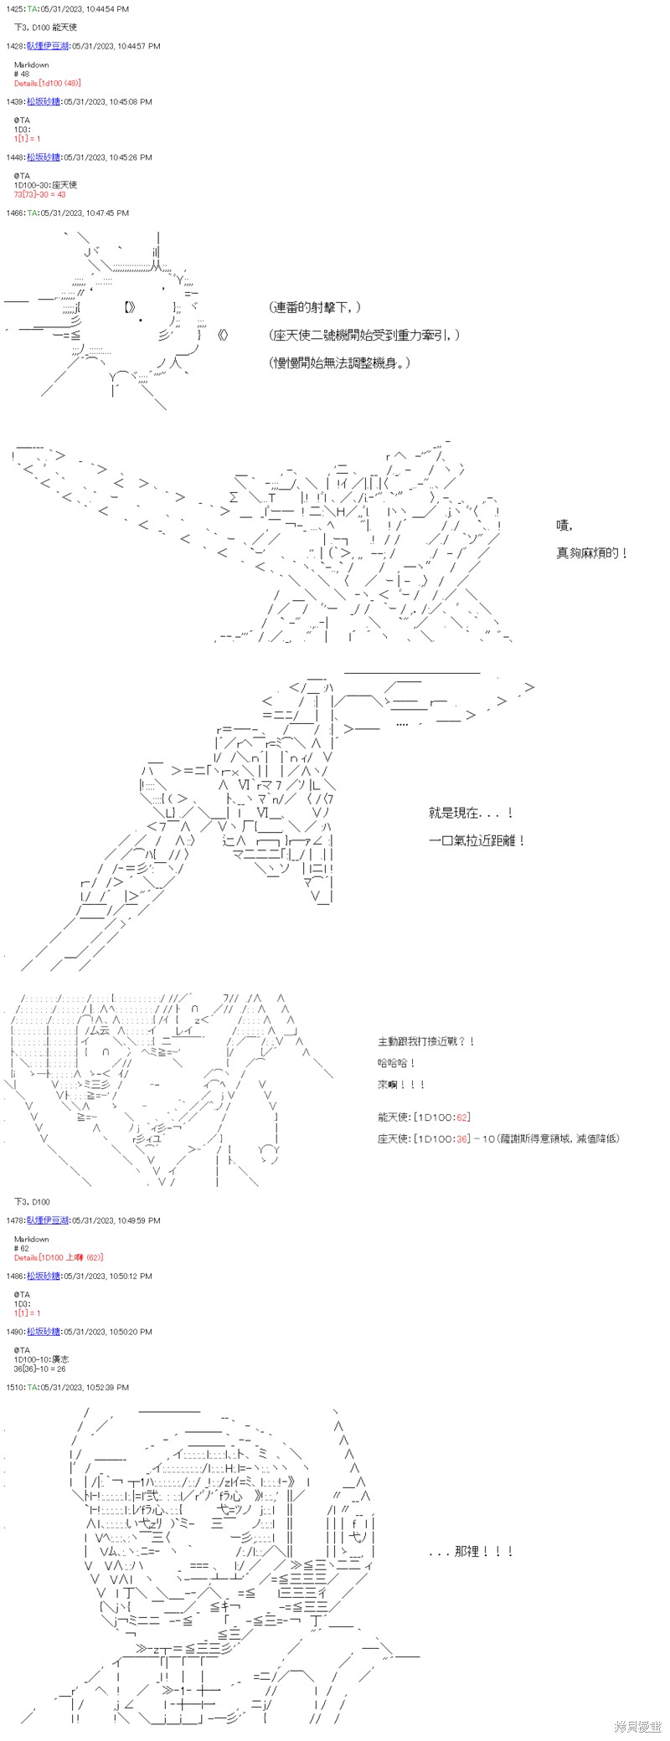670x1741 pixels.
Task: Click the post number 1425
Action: (14, 8)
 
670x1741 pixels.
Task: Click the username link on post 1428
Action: (43, 46)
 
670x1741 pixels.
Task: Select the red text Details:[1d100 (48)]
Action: (47, 84)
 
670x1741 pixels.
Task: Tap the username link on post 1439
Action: (43, 102)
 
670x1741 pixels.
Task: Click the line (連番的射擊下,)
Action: (317, 308)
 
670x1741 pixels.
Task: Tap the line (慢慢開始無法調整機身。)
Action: (341, 363)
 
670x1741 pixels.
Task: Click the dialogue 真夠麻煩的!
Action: (592, 553)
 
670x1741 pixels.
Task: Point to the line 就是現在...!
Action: (471, 813)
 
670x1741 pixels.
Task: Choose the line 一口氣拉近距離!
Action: (477, 840)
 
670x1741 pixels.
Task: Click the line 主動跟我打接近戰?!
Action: (426, 1041)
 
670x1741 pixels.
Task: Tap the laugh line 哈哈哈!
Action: (397, 1063)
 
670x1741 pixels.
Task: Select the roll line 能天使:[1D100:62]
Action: (424, 1117)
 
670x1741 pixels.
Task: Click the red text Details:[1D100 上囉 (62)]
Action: (59, 1257)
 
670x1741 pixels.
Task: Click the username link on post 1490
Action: (43, 1332)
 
